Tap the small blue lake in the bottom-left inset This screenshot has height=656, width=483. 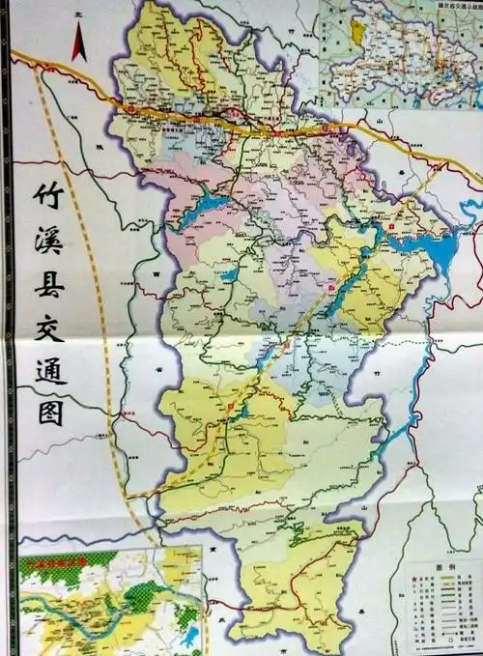point(189,636)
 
